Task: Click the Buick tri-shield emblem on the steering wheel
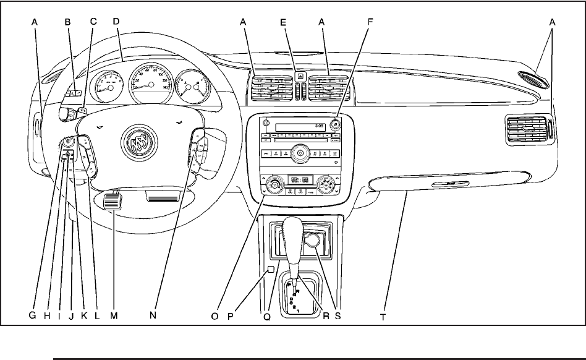click(x=137, y=142)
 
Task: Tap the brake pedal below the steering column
click(x=111, y=202)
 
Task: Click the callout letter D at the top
click(x=117, y=20)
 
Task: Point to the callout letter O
click(x=215, y=315)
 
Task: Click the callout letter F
click(x=370, y=20)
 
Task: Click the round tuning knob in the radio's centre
click(x=300, y=152)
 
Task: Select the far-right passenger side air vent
click(x=526, y=131)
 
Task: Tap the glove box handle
click(x=451, y=184)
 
